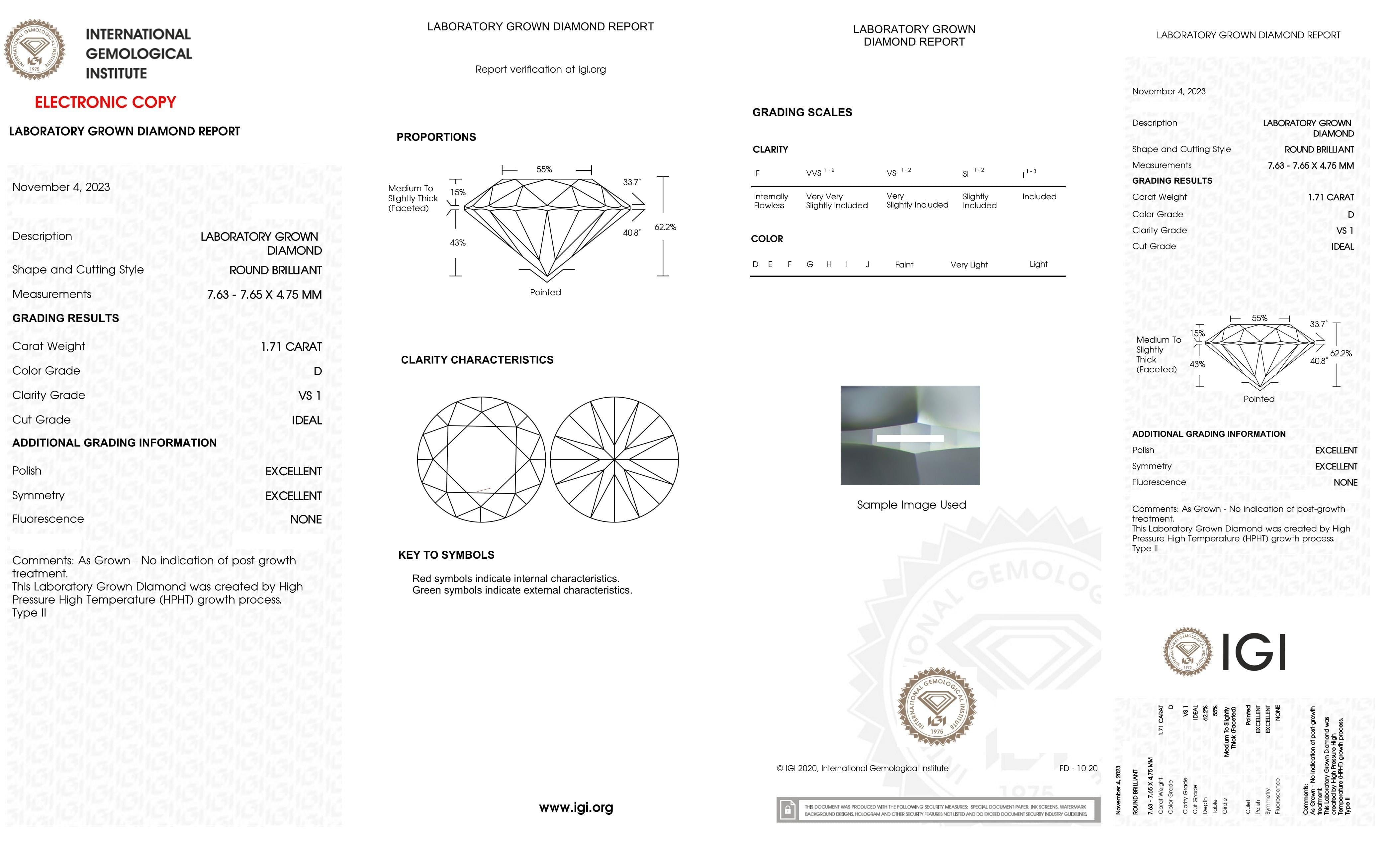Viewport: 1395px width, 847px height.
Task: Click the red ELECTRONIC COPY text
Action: (x=105, y=103)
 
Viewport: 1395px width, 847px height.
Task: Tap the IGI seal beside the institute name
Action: (x=35, y=50)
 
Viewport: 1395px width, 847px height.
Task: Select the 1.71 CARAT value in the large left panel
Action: (x=291, y=346)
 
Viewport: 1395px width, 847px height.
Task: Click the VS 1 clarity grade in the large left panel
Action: (x=310, y=396)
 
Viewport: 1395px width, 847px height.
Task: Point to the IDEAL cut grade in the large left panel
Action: (x=306, y=420)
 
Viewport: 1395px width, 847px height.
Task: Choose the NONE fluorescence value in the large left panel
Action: (x=306, y=519)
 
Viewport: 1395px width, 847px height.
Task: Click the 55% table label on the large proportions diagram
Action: (x=544, y=169)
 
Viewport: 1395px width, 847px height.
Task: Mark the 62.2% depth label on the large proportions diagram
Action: (x=665, y=227)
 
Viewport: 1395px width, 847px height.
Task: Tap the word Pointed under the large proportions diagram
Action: (x=545, y=292)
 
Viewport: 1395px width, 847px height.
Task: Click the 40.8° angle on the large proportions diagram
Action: (x=631, y=233)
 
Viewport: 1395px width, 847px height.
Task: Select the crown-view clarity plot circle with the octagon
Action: (x=481, y=459)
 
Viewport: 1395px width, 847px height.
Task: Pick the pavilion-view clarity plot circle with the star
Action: (x=614, y=459)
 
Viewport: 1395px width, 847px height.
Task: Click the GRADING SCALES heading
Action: (x=802, y=112)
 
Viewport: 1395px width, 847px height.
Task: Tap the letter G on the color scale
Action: (x=810, y=264)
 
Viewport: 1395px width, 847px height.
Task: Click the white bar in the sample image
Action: (x=910, y=438)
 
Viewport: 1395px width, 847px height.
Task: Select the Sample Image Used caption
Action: (x=911, y=505)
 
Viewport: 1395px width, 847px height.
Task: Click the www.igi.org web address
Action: (x=576, y=807)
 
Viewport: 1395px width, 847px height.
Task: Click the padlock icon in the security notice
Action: (x=788, y=810)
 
